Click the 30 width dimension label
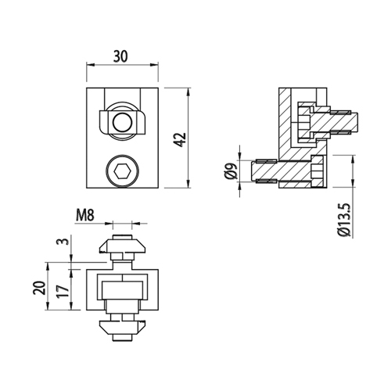click(x=120, y=56)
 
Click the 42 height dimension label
click(x=180, y=140)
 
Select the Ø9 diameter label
click(x=231, y=171)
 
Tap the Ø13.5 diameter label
click(x=347, y=220)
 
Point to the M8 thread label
click(x=84, y=215)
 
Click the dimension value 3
click(x=66, y=240)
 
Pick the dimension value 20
click(x=39, y=288)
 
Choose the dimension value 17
click(x=63, y=292)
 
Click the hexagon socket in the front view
click(x=123, y=171)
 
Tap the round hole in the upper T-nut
click(x=123, y=123)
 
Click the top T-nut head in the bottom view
click(x=123, y=246)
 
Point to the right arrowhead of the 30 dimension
click(x=155, y=64)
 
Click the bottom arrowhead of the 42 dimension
click(x=188, y=185)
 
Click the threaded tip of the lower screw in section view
click(x=264, y=171)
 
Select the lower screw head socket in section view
click(x=317, y=171)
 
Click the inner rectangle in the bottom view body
click(x=123, y=290)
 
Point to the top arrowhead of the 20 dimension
click(x=48, y=266)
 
